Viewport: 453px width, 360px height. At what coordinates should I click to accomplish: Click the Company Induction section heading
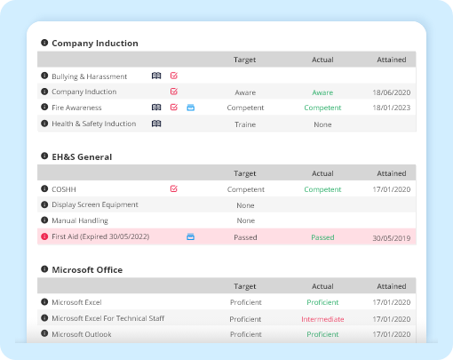coord(94,44)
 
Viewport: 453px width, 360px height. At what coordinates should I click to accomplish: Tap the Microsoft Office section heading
coord(87,270)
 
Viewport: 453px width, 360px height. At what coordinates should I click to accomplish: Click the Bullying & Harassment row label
coord(89,76)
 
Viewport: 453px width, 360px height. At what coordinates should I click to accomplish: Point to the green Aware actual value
coord(322,92)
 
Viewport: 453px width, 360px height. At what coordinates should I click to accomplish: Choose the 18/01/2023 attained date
coord(391,108)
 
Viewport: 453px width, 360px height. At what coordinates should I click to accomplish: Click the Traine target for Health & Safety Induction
coord(245,124)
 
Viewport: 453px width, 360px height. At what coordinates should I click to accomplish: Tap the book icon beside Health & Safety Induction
coord(156,124)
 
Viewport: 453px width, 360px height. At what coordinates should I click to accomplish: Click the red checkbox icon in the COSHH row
coord(173,188)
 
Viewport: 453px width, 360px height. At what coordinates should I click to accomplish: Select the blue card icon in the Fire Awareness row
coord(190,108)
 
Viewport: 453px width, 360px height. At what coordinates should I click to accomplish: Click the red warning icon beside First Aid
coord(44,237)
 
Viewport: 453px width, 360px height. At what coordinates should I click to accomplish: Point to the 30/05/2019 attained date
coord(391,237)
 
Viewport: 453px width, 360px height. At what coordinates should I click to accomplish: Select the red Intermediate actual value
coord(322,318)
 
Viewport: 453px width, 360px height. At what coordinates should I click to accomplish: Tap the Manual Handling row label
coord(80,220)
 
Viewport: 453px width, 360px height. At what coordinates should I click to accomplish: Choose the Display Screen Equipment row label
coord(95,204)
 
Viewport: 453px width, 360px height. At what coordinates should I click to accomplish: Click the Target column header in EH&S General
coord(245,173)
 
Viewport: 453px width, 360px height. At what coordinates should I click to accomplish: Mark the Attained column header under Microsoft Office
coord(391,286)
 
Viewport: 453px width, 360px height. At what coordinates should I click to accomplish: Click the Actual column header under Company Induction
coord(322,60)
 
